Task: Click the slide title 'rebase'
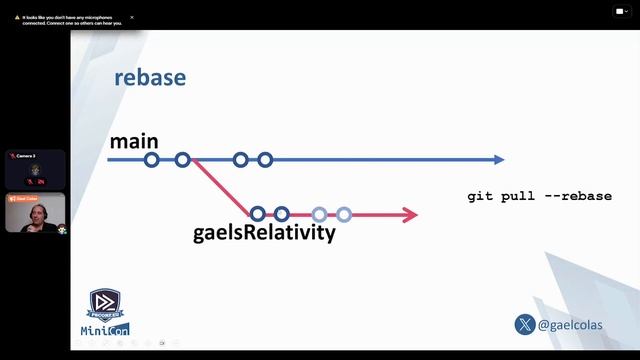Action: (150, 78)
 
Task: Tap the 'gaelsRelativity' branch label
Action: (264, 234)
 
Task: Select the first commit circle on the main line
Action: (152, 160)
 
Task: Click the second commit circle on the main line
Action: (182, 160)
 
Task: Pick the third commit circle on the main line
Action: (240, 160)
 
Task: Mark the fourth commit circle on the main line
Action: (265, 160)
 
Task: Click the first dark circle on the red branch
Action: (258, 213)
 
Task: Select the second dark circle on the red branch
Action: (282, 213)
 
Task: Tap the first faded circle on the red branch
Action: (319, 213)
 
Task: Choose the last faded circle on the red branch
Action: (344, 213)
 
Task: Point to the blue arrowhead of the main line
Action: (498, 160)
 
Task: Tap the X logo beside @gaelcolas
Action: (524, 325)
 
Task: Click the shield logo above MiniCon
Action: (105, 305)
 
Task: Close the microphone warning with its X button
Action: (132, 17)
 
